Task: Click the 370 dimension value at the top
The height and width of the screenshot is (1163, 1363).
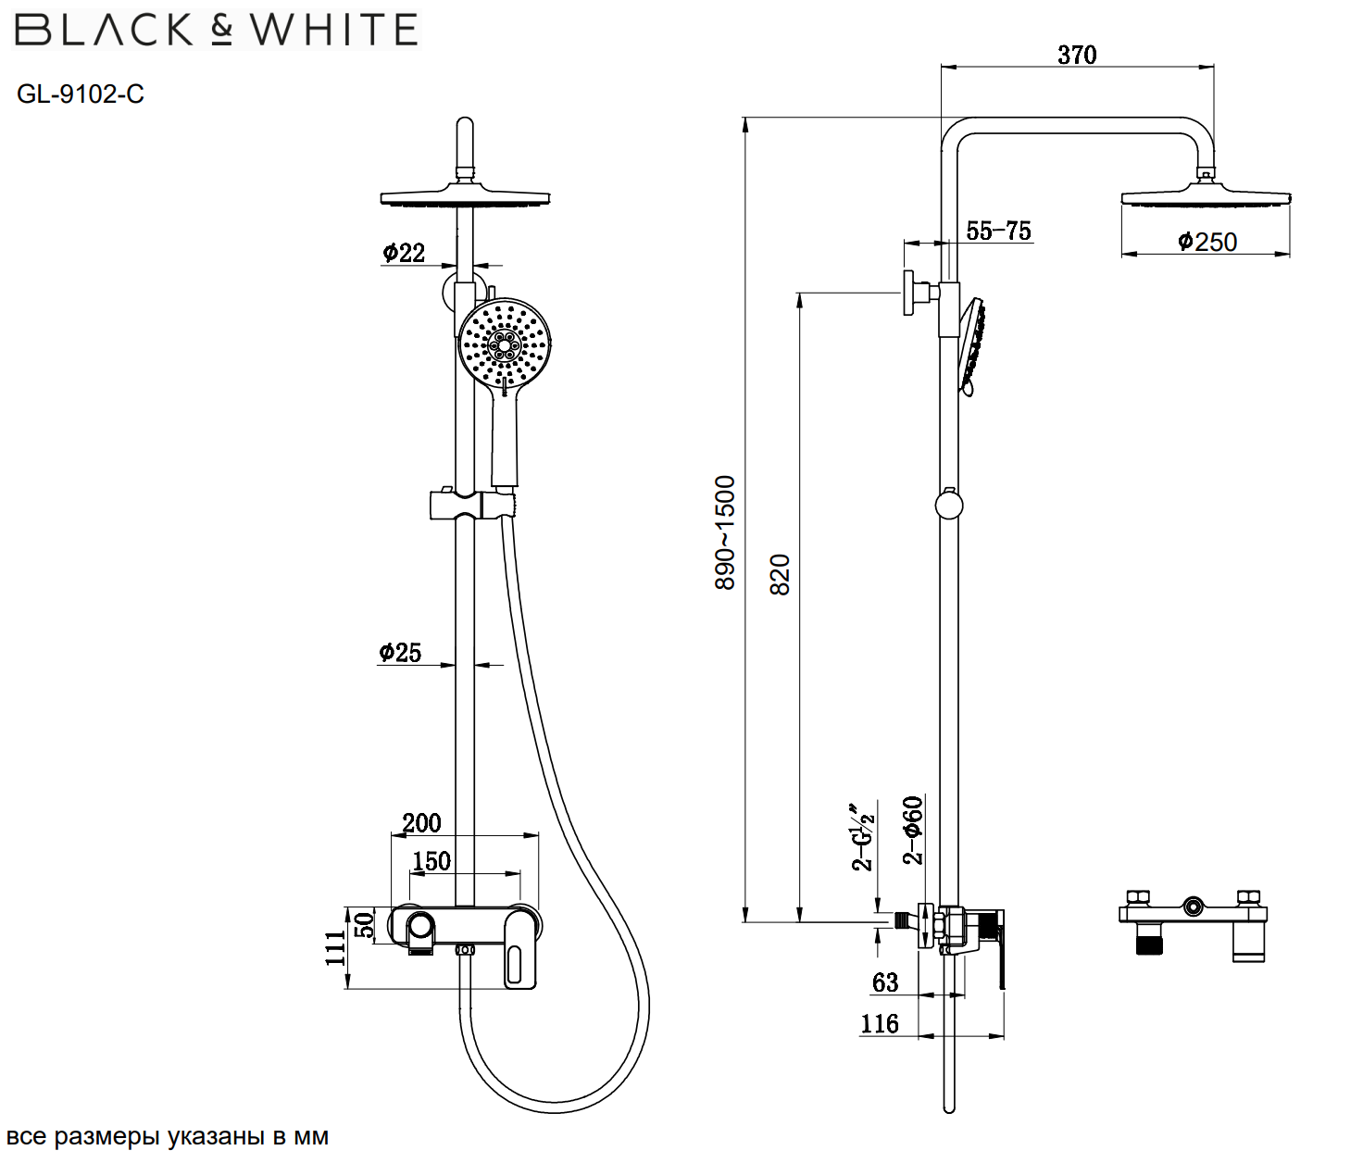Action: coord(1077,56)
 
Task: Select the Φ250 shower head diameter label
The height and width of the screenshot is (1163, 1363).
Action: coord(1207,242)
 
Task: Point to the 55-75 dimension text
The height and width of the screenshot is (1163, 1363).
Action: coord(998,231)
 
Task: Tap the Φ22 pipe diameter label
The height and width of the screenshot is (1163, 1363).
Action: coord(404,253)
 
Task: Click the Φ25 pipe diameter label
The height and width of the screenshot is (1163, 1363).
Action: coord(400,653)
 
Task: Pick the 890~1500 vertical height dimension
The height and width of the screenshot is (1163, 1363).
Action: coord(725,532)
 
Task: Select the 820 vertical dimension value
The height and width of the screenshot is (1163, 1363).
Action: coord(781,574)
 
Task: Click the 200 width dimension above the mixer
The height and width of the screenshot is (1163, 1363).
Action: coord(421,822)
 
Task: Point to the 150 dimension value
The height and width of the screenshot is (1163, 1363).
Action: coord(431,861)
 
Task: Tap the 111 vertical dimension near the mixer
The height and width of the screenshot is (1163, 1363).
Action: coord(335,948)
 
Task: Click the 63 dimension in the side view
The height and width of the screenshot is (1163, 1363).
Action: coord(885,982)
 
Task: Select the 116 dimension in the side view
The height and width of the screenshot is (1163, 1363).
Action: coord(880,1023)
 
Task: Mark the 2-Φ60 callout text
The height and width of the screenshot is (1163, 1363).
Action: coord(913,830)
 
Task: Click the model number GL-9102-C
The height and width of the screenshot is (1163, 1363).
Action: coord(81,94)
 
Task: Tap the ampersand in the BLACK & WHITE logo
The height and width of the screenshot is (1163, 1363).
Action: coord(221,30)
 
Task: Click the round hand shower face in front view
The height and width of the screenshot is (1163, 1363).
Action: coord(505,344)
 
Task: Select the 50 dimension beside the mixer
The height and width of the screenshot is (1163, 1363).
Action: coord(365,924)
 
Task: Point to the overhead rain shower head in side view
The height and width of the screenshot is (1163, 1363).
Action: coord(1206,197)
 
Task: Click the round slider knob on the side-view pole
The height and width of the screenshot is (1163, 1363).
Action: coord(949,506)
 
